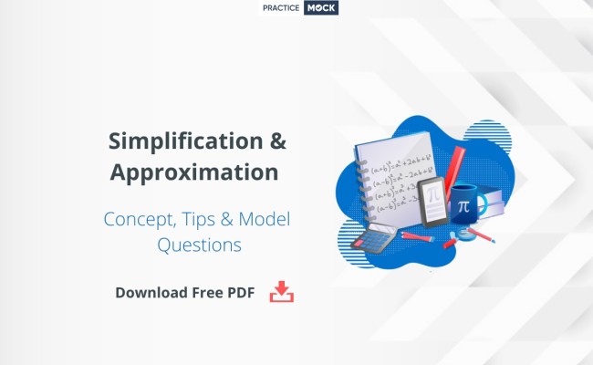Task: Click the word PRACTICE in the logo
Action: coord(283,8)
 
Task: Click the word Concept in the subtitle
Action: coord(139,219)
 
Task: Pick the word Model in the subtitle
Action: coord(271,219)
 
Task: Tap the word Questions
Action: coord(199,245)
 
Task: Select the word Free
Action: coord(215,293)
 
